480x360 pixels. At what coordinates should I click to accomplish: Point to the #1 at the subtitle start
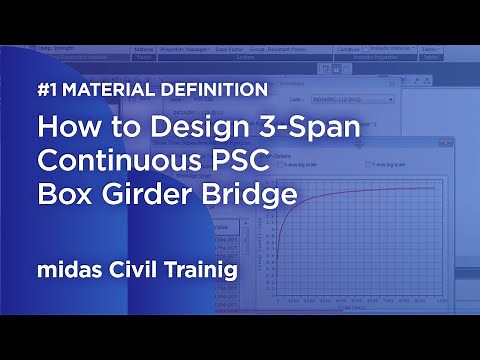pyautogui.click(x=48, y=89)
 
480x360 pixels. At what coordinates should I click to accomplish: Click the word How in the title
pyautogui.click(x=66, y=130)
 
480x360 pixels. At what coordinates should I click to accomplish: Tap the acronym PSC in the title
pyautogui.click(x=235, y=161)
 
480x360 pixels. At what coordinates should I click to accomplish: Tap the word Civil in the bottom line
pyautogui.click(x=137, y=270)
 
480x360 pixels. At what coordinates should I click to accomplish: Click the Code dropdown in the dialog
pyautogui.click(x=352, y=100)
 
